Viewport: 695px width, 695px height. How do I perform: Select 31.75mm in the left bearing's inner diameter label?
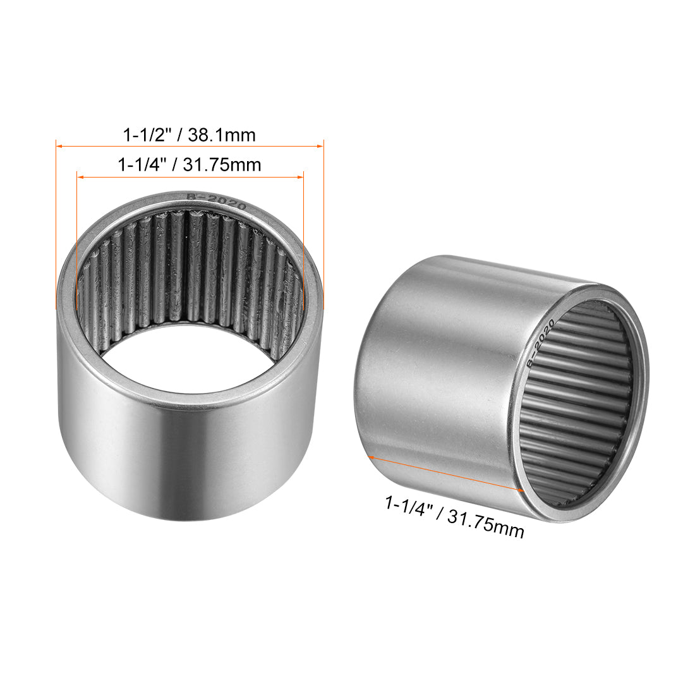(222, 166)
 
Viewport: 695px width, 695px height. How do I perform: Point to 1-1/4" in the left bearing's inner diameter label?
(142, 166)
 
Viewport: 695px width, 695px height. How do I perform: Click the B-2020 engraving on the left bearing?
(215, 203)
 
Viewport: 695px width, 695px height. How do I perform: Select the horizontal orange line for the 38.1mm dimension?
(190, 147)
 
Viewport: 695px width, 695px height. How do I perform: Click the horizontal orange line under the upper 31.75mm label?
(190, 178)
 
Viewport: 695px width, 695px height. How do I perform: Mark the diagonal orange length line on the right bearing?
(445, 472)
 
